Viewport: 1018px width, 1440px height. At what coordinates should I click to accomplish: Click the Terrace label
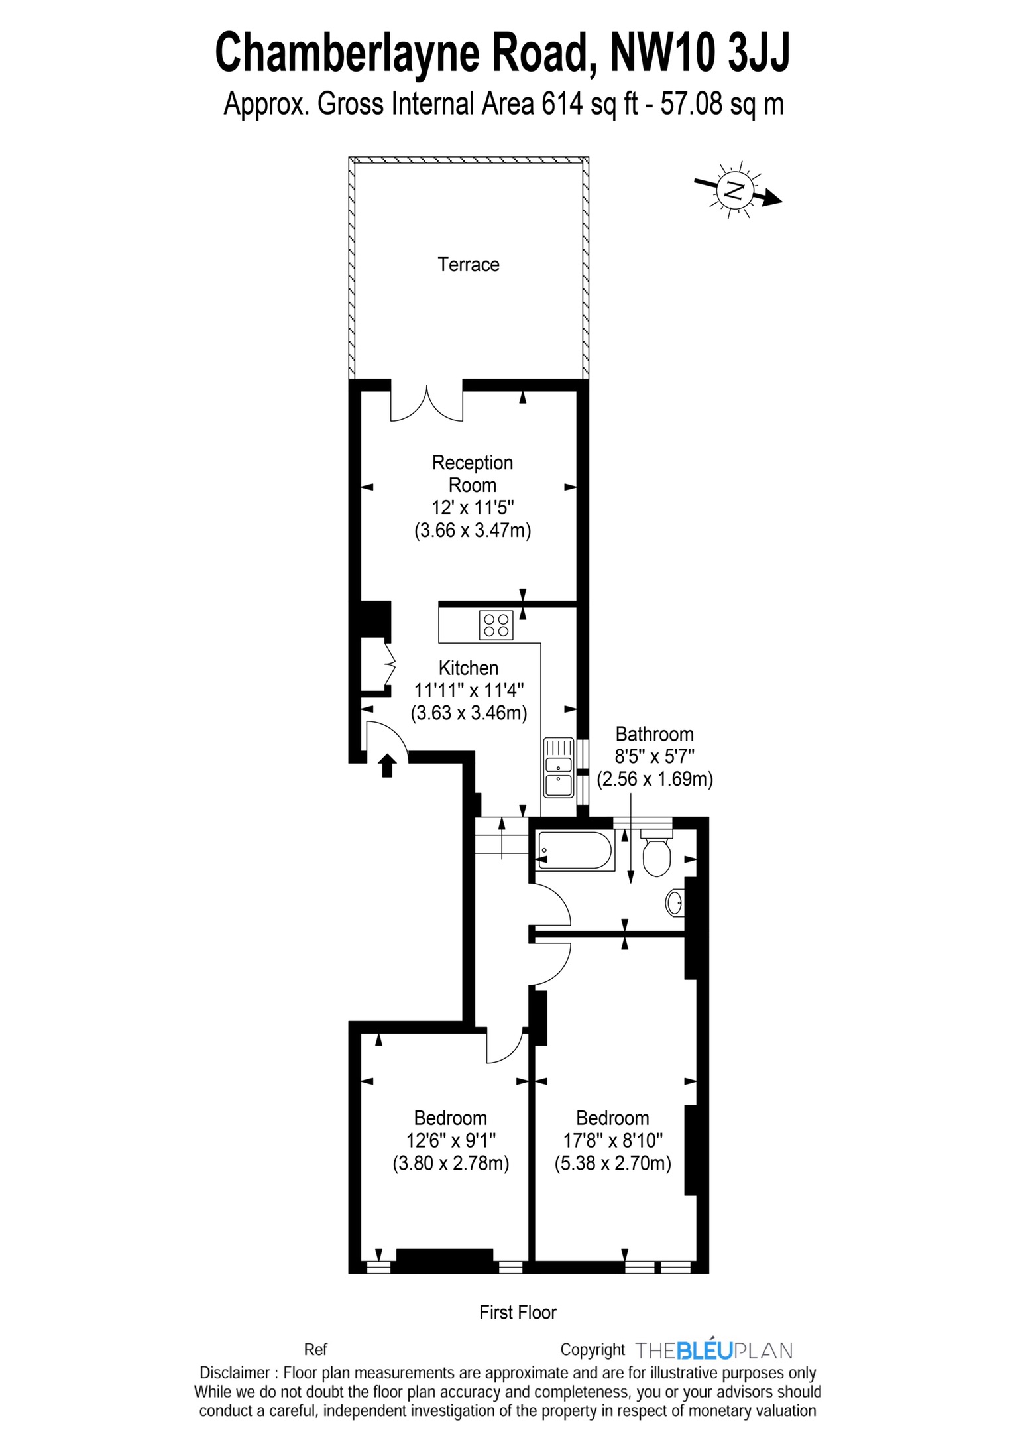[x=468, y=265]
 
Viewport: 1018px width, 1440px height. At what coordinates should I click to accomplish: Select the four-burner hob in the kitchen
[x=496, y=625]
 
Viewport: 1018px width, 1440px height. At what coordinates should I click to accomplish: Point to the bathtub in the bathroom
[x=575, y=851]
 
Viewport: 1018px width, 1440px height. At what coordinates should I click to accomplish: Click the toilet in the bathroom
[x=656, y=853]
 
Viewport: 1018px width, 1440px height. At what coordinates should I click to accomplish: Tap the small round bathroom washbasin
[x=675, y=902]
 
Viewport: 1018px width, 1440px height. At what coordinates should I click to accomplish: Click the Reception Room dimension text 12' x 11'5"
[x=473, y=508]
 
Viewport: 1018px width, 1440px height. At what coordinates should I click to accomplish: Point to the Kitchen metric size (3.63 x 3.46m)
[x=469, y=713]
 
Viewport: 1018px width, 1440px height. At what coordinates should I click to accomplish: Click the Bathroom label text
[x=654, y=734]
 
